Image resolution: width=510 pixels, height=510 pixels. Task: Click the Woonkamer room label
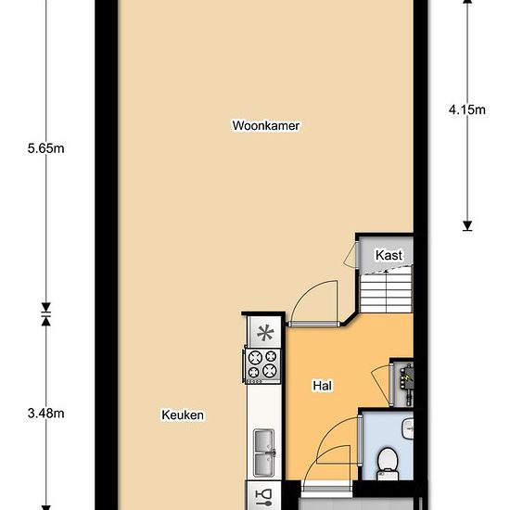(x=266, y=125)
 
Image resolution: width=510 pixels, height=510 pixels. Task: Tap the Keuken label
(x=183, y=415)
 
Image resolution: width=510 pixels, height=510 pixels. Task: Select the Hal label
(x=323, y=386)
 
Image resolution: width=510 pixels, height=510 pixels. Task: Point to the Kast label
(x=389, y=255)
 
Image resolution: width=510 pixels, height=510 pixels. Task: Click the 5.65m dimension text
(x=45, y=148)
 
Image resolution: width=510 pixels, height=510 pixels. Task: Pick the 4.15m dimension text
(x=467, y=110)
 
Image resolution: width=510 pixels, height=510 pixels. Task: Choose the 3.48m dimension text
(x=45, y=414)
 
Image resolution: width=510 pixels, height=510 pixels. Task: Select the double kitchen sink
(x=264, y=453)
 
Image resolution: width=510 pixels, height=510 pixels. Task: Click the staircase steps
(x=387, y=293)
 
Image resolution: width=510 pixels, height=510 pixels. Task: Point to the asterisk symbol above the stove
(x=265, y=333)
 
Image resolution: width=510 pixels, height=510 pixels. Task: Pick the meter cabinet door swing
(x=380, y=384)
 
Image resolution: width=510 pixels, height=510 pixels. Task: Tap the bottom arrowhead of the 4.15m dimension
(x=467, y=225)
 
